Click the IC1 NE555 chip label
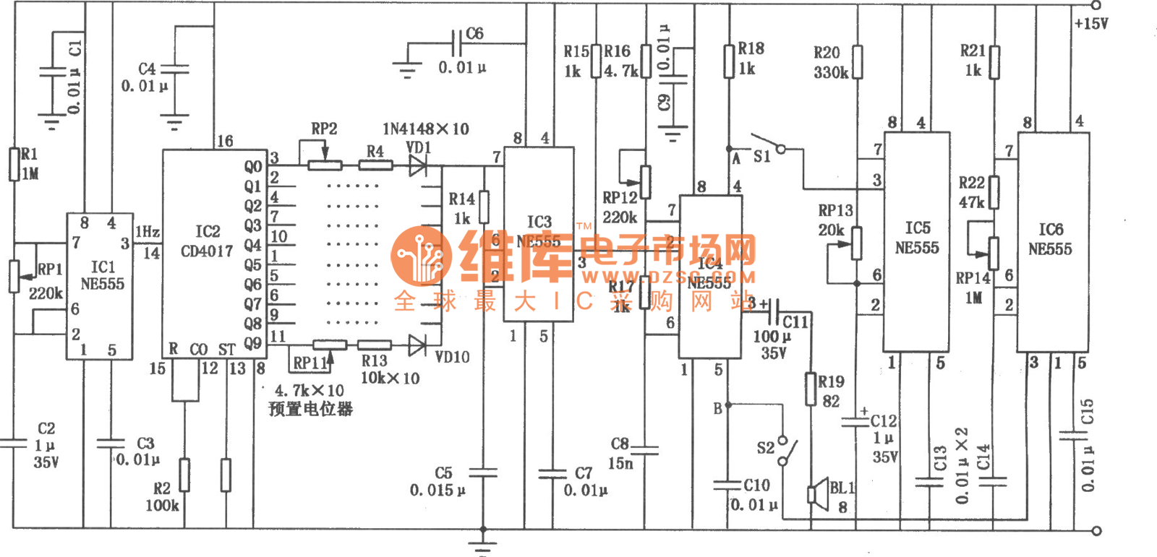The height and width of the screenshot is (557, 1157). [x=102, y=275]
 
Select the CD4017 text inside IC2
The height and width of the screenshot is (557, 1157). [x=207, y=251]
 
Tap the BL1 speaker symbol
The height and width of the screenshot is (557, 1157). [x=819, y=496]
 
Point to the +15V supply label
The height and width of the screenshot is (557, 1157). [x=1090, y=24]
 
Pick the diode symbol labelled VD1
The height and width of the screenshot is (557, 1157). [x=418, y=165]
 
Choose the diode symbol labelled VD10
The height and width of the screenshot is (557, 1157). [x=418, y=345]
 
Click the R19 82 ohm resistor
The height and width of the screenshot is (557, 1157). [x=811, y=389]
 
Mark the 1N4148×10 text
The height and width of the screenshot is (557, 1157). [x=425, y=129]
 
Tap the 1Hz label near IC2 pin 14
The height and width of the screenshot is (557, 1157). [x=148, y=231]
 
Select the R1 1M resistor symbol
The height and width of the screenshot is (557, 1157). [x=14, y=164]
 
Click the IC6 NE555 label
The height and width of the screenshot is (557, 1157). [x=1051, y=239]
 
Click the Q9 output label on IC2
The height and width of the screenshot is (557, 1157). [x=252, y=343]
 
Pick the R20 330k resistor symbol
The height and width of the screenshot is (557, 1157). [x=857, y=62]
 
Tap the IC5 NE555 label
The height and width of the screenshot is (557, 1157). [x=917, y=238]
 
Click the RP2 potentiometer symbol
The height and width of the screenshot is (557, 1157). [x=325, y=165]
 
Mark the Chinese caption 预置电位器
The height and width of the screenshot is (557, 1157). [x=310, y=409]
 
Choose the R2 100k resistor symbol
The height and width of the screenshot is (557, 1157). [x=185, y=475]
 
